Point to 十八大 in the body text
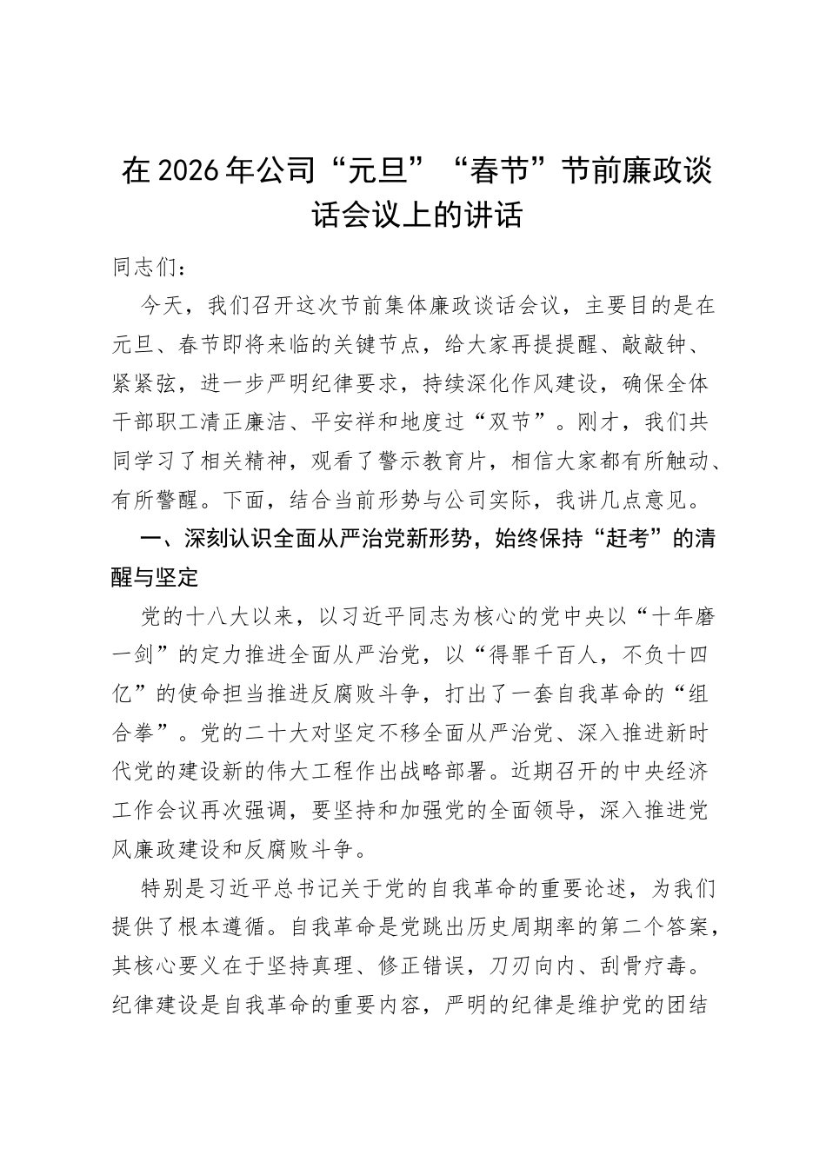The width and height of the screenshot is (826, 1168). pyautogui.click(x=212, y=617)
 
